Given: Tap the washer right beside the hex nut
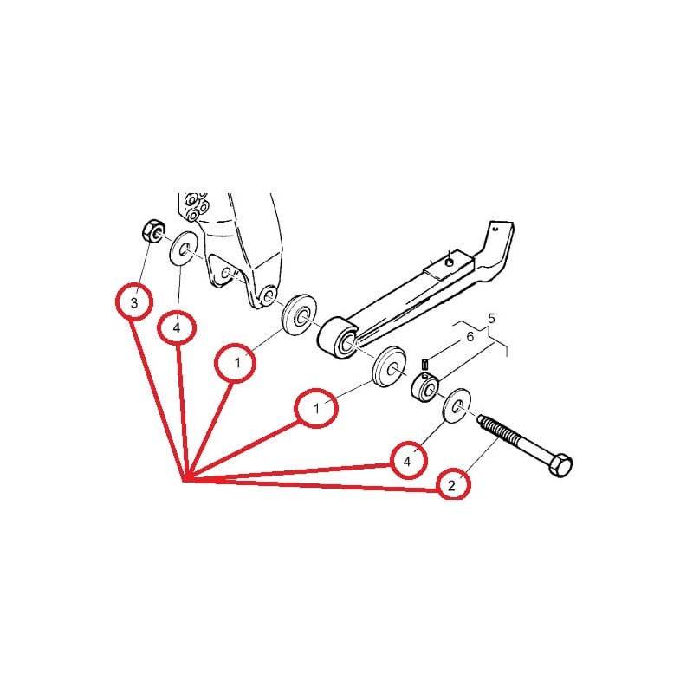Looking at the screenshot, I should (x=184, y=249).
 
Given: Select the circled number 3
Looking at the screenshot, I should (x=133, y=303).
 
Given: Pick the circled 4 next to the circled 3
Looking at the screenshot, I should (x=177, y=329).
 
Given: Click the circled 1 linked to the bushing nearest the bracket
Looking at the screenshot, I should (x=236, y=365).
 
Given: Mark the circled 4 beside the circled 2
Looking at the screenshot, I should (x=407, y=460).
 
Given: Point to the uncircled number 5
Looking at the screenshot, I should (x=491, y=319).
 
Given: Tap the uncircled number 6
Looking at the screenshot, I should (x=470, y=336).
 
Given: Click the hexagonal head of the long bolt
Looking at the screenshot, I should (x=560, y=465).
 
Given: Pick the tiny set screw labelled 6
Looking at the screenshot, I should (x=426, y=363).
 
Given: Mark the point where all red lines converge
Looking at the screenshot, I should (x=185, y=479).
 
